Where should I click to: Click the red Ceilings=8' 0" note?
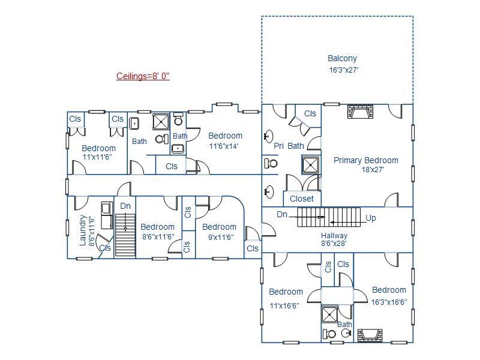(143, 76)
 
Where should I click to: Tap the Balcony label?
(343, 59)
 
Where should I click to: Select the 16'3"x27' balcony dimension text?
(344, 70)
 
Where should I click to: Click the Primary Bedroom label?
(366, 160)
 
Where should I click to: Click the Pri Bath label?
(289, 146)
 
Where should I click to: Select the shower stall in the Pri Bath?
(311, 165)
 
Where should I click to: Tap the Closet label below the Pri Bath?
(302, 199)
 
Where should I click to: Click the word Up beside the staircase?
(371, 218)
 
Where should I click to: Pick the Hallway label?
(334, 236)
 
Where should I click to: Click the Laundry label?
(83, 230)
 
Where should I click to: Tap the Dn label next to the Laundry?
(125, 206)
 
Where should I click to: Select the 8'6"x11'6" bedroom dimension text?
(157, 237)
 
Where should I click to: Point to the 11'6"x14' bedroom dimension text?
(224, 146)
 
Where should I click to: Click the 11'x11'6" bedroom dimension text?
(97, 157)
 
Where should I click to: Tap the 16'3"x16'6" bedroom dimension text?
(389, 302)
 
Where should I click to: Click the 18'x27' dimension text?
(372, 170)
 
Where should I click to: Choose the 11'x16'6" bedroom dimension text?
(285, 305)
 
